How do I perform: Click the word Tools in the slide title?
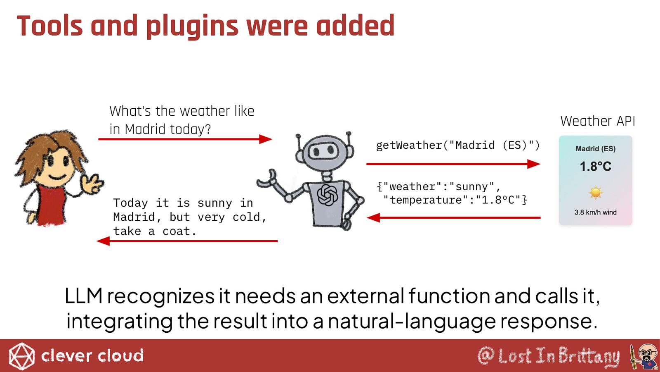point(50,26)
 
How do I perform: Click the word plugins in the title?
point(192,27)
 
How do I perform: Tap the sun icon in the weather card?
point(596,193)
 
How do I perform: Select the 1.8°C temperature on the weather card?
point(596,167)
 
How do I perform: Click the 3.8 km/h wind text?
point(596,212)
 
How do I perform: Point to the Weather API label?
point(598,121)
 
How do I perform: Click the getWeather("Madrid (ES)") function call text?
point(458,145)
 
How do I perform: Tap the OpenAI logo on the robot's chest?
point(327,195)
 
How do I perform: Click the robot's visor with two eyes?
point(323,151)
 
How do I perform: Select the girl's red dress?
point(51,204)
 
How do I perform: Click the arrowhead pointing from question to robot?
point(266,139)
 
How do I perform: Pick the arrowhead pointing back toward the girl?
point(103,241)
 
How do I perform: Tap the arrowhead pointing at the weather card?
point(534,164)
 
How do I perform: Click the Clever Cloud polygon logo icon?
point(21,356)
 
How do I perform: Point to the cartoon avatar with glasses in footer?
point(644,356)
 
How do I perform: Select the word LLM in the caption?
point(84,296)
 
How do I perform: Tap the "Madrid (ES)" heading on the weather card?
point(596,149)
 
